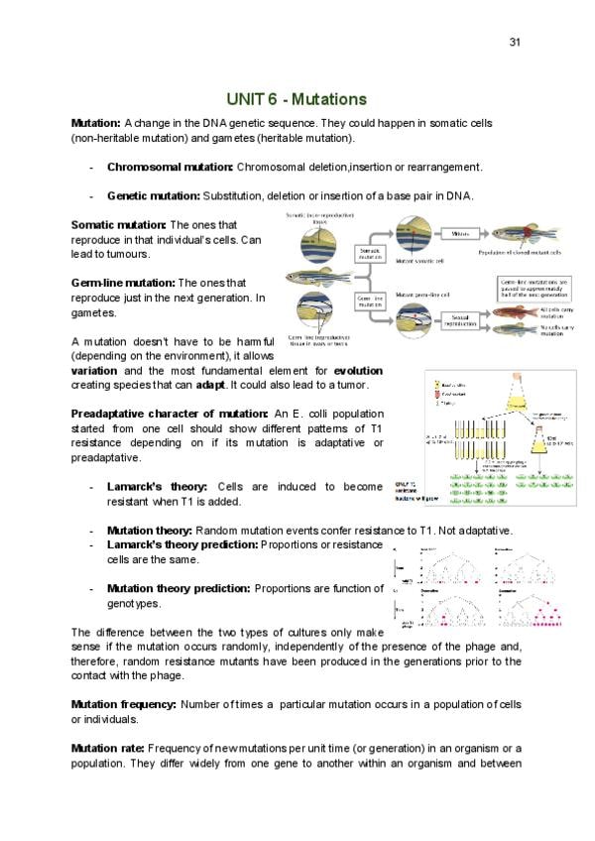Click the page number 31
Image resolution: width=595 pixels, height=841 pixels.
click(x=515, y=42)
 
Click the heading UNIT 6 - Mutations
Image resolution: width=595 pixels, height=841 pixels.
click(x=297, y=99)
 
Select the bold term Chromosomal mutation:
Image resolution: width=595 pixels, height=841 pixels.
click(x=170, y=167)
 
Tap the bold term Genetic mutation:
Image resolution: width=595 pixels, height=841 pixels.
click(x=153, y=195)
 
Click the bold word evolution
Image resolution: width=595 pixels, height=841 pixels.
click(x=355, y=370)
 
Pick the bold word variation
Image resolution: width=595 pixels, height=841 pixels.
click(x=94, y=370)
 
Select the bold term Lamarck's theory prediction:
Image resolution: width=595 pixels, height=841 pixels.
click(x=181, y=544)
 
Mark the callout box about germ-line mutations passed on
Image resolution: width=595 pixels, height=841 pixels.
click(x=535, y=291)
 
